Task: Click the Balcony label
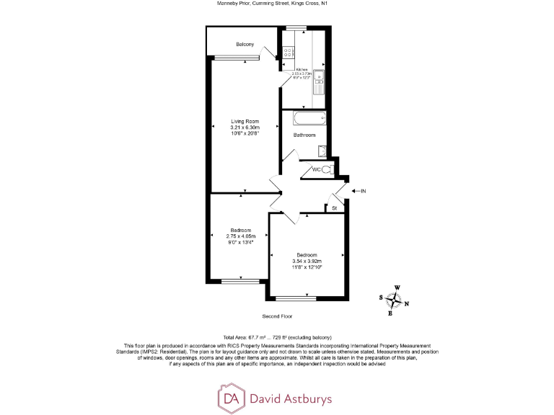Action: point(245,45)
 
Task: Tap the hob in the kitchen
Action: point(287,52)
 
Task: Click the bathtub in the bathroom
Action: point(310,120)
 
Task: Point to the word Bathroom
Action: point(304,135)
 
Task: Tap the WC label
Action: point(316,170)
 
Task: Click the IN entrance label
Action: point(364,191)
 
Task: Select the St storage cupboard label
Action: point(334,207)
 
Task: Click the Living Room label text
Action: point(245,121)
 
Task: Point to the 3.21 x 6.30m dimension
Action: point(245,128)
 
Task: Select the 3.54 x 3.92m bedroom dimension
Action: point(307,261)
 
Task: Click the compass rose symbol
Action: point(395,298)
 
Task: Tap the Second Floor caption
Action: point(278,316)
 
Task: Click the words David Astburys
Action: point(291,398)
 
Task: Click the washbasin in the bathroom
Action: point(320,151)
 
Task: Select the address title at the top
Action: point(277,4)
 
